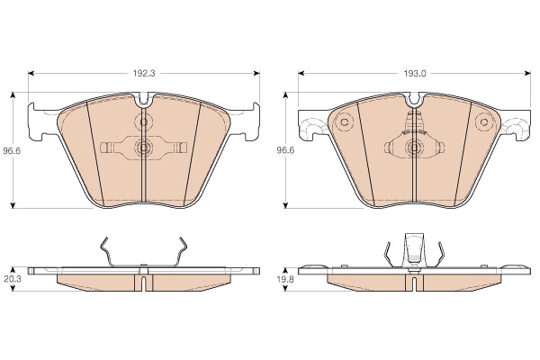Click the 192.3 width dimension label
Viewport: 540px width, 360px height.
(x=144, y=74)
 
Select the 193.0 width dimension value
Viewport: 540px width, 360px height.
(x=415, y=74)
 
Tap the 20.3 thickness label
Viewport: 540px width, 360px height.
(x=13, y=279)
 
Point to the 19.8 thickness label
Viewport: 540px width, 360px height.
(x=285, y=279)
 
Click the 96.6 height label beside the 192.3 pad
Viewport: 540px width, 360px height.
(x=12, y=150)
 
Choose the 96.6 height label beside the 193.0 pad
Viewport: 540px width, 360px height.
(x=285, y=150)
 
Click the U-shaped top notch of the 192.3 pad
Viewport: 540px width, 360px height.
(x=144, y=100)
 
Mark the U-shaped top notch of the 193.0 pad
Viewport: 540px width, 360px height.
(x=415, y=100)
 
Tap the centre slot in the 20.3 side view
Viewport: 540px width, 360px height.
(x=144, y=283)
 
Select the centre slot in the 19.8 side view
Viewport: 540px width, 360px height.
(x=415, y=283)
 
